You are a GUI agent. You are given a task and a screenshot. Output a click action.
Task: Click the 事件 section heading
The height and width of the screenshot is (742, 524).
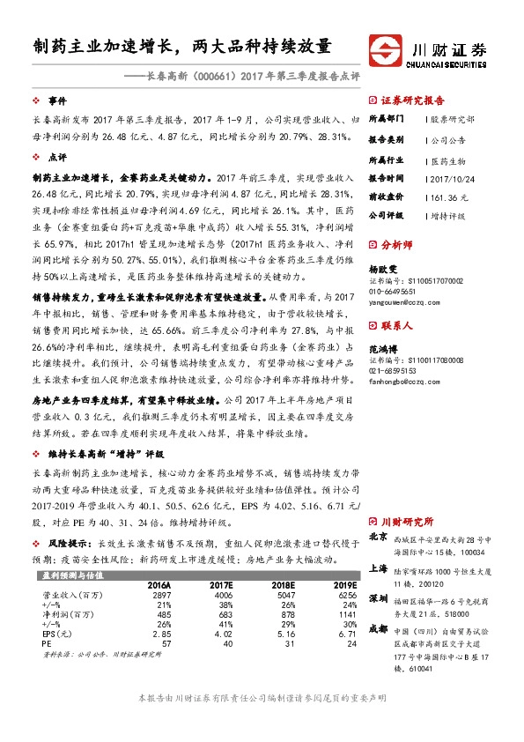click(57, 101)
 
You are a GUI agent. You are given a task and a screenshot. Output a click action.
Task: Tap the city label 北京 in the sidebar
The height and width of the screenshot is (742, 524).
click(378, 536)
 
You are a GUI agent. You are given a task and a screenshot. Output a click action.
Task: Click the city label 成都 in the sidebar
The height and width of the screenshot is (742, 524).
click(378, 628)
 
